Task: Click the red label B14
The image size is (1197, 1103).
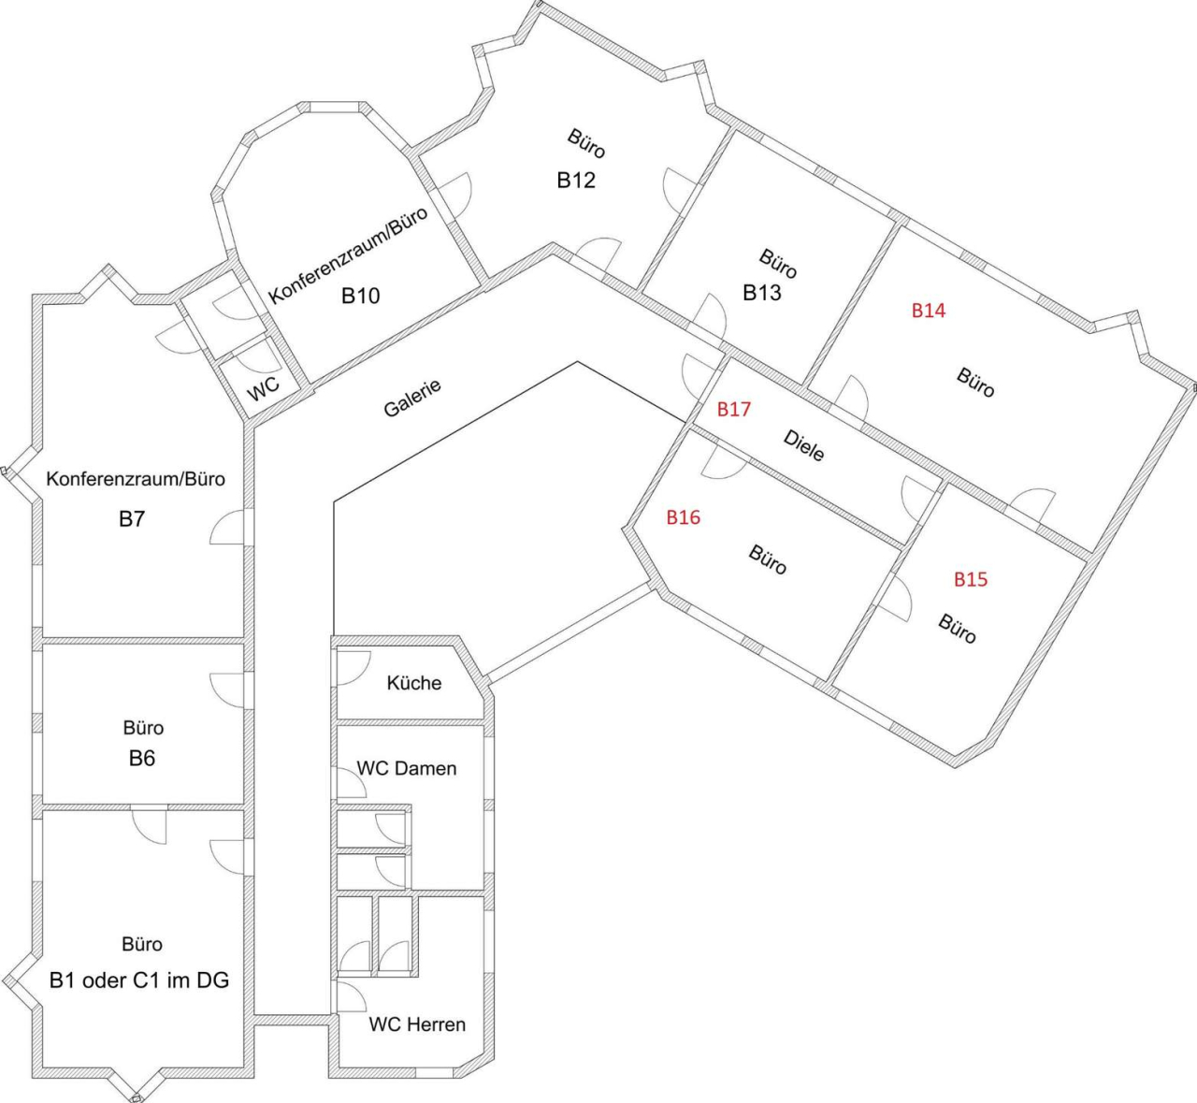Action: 929,311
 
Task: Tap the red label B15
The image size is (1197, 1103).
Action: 970,579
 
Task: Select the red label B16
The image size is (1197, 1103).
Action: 683,517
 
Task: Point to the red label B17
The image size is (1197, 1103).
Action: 733,409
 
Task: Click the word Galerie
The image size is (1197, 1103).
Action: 411,399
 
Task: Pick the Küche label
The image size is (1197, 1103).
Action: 413,683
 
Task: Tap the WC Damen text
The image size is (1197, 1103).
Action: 406,768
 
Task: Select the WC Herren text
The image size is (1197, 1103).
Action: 417,1024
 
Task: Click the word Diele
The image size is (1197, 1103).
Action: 804,446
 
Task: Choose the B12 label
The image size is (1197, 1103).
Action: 576,181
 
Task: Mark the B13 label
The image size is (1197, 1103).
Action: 762,293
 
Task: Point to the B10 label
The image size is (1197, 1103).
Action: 360,297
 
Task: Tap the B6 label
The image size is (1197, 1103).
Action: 142,758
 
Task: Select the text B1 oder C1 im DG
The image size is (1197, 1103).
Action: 139,980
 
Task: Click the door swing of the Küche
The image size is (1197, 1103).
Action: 350,666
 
